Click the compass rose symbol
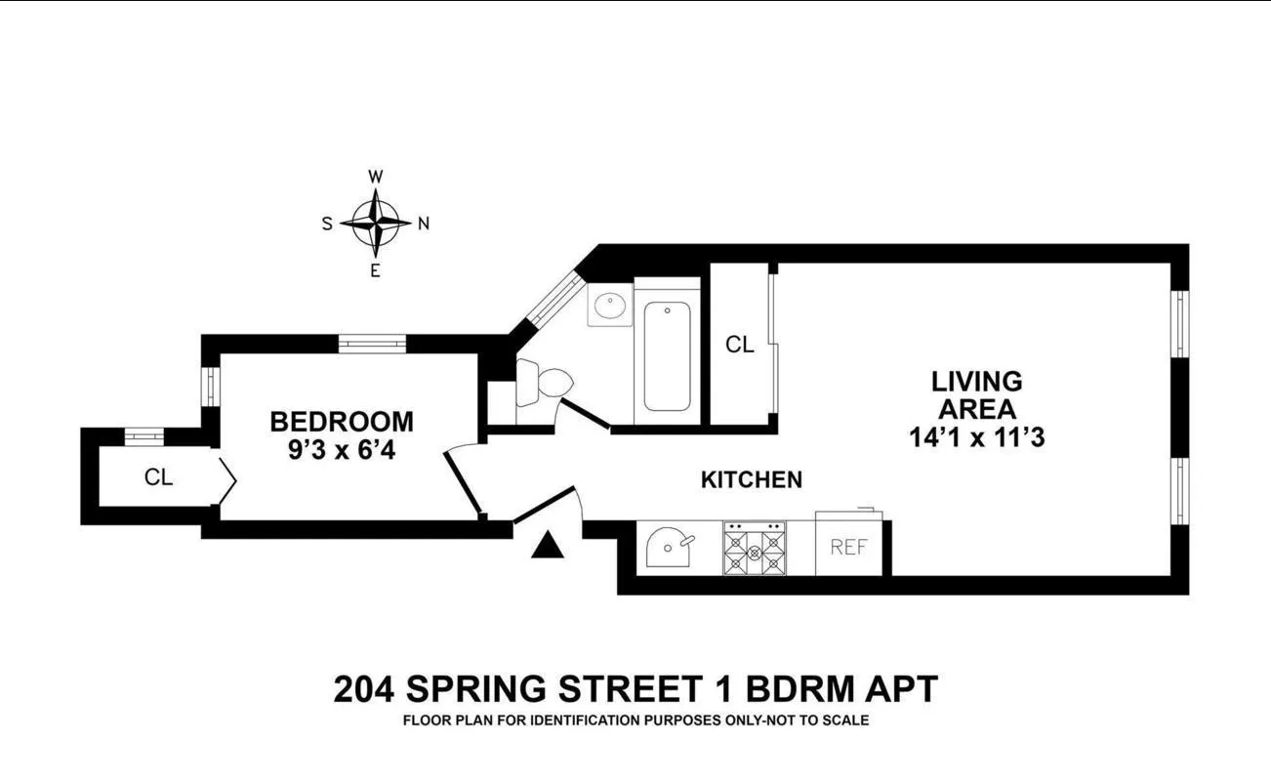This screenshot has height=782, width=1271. point(375,223)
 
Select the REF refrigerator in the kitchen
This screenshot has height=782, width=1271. point(848,547)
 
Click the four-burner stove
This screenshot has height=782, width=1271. point(754,549)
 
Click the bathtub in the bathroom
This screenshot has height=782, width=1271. point(668,356)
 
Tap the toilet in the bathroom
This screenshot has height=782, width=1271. point(540,383)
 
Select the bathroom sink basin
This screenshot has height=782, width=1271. point(610,306)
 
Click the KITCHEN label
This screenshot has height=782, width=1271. point(752,479)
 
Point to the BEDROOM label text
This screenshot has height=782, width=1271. point(341,422)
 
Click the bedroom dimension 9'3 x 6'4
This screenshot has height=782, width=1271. point(341,452)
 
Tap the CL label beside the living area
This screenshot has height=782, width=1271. point(740,345)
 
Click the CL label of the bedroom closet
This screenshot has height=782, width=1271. point(158,477)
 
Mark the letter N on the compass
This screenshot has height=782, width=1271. point(424,223)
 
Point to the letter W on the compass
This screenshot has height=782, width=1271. point(375,177)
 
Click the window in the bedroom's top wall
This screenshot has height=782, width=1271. point(372,343)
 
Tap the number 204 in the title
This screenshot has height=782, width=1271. point(364,689)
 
